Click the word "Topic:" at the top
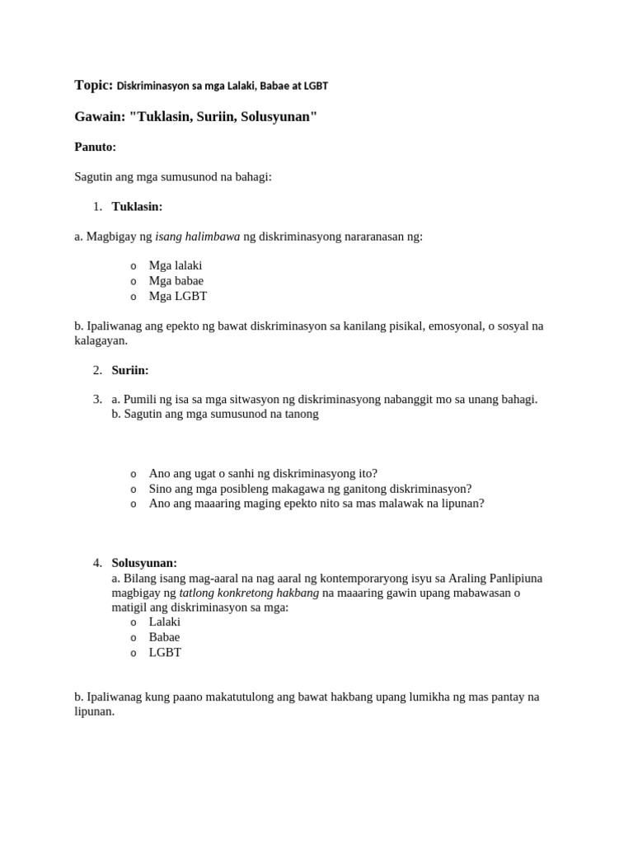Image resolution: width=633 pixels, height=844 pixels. (93, 85)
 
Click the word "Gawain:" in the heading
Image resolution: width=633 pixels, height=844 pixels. (100, 117)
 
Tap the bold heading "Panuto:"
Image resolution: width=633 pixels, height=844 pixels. (95, 147)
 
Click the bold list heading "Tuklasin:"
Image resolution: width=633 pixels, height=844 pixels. (137, 206)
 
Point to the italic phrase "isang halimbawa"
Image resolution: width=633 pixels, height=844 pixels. (197, 236)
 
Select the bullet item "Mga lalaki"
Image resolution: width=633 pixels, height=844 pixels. (175, 265)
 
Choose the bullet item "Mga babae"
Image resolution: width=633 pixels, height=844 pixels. (176, 280)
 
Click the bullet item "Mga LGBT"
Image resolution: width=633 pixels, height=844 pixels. (177, 295)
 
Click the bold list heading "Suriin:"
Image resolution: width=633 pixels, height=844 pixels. (130, 370)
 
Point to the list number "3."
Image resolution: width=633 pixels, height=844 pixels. (97, 399)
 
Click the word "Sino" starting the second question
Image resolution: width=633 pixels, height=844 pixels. (162, 488)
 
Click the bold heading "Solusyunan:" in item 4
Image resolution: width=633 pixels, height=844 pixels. (144, 563)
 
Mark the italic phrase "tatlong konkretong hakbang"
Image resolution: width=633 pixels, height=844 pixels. (249, 593)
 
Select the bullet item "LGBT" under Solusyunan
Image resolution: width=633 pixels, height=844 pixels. (165, 652)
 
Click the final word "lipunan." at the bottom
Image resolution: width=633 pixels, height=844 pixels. (94, 711)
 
